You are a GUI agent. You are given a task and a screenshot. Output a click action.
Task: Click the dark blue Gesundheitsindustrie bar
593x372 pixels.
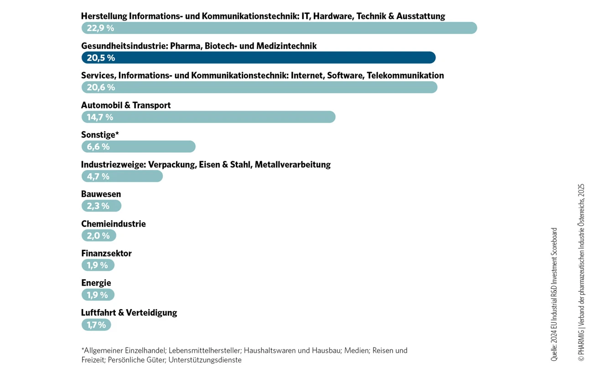click(258, 57)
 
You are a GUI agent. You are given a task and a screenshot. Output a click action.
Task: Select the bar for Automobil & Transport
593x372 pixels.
click(208, 117)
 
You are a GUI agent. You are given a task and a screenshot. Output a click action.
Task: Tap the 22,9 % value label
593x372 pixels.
click(100, 28)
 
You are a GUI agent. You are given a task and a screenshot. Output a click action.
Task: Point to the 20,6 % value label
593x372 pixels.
click(101, 88)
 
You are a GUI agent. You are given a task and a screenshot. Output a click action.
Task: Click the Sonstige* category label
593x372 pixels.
click(100, 134)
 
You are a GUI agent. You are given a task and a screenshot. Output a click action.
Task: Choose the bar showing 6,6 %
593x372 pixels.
click(139, 146)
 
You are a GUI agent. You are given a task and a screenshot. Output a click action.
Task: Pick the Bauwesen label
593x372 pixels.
click(101, 194)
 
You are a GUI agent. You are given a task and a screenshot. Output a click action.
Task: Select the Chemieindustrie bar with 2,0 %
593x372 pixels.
click(99, 235)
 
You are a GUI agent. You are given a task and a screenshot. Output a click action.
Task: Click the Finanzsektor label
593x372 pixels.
click(106, 253)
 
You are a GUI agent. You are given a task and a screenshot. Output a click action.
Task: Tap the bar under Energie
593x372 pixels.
click(98, 294)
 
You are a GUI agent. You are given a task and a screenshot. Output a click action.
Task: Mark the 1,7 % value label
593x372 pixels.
click(96, 325)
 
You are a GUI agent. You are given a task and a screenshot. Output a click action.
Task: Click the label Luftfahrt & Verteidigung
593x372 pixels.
click(129, 313)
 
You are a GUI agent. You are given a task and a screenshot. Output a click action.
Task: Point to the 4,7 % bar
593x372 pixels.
click(122, 176)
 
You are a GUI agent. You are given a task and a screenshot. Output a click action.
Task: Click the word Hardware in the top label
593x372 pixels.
click(333, 16)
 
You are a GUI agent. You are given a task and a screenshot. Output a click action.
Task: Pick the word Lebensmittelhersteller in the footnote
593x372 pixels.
click(205, 351)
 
